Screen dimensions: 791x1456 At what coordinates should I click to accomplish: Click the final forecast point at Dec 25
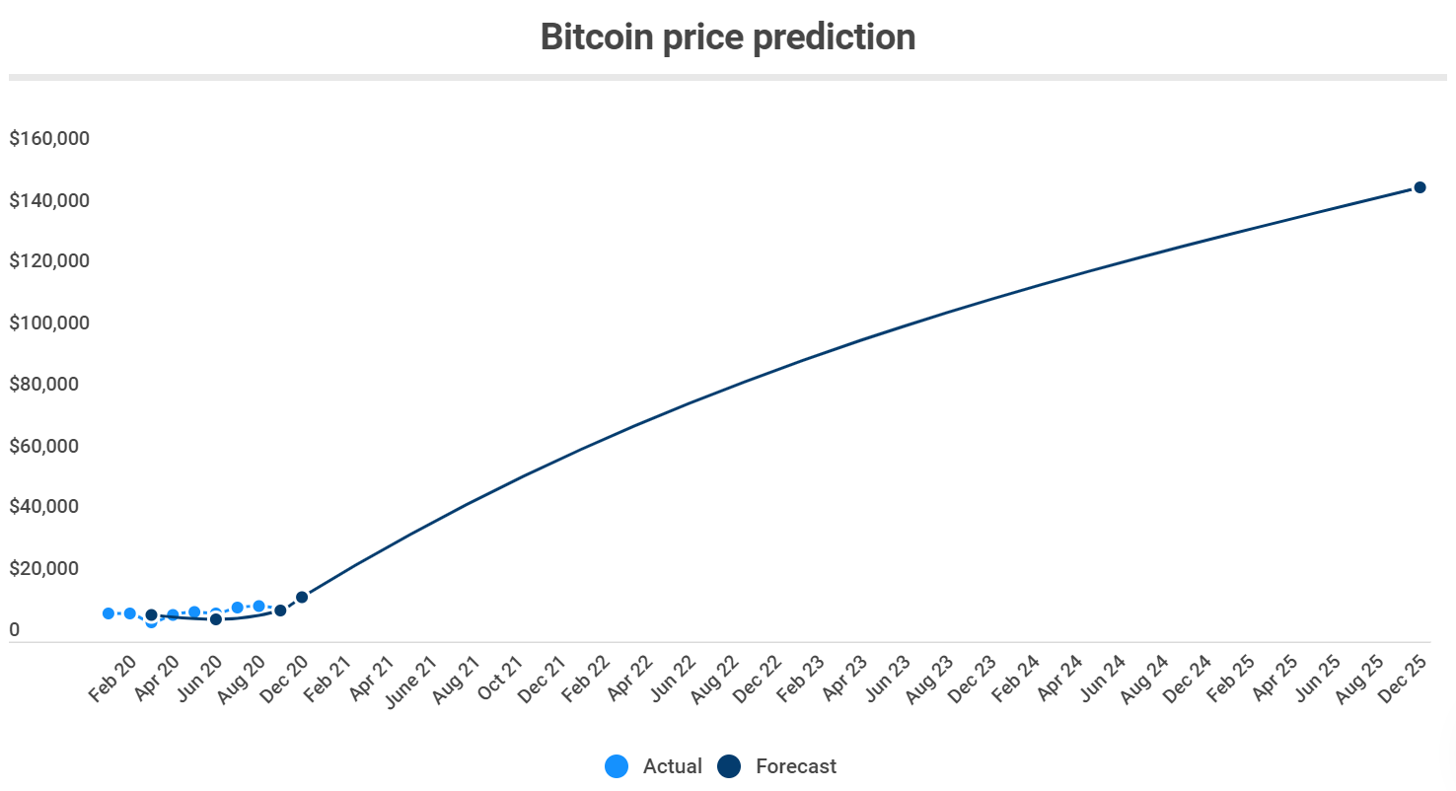(1420, 187)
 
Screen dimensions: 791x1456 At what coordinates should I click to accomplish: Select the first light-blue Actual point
(109, 613)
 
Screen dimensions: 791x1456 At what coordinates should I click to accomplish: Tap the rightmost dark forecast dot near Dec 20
(302, 597)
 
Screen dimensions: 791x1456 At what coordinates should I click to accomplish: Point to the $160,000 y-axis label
(49, 139)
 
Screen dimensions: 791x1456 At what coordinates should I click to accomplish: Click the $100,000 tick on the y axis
(49, 324)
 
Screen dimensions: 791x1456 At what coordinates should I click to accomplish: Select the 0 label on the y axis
(15, 630)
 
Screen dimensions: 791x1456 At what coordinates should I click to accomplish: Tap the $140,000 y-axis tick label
(49, 201)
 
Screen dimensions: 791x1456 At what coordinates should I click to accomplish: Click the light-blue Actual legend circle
(617, 766)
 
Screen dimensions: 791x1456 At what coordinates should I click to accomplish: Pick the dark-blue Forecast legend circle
(729, 766)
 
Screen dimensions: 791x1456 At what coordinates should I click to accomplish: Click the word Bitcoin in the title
(596, 37)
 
